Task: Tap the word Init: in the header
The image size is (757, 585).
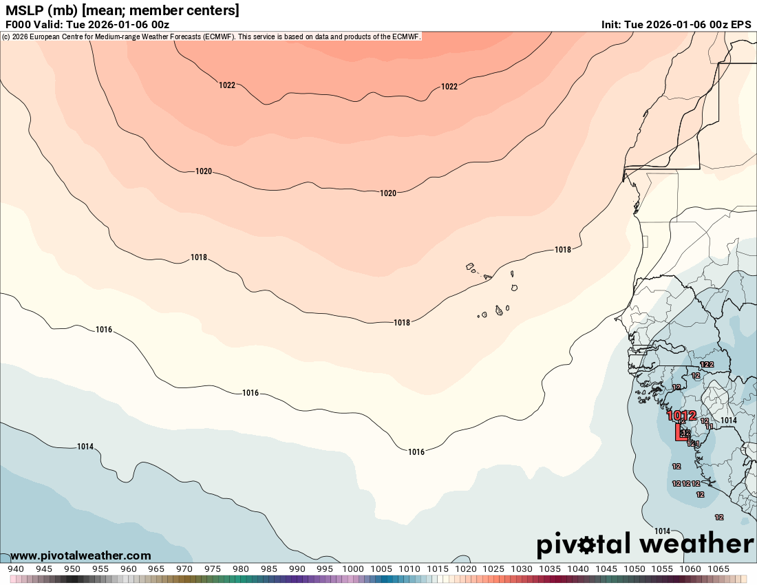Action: click(611, 24)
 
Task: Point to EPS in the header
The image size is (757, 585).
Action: click(740, 24)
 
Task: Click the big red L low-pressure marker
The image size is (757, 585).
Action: click(681, 432)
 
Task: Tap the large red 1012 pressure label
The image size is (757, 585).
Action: click(681, 416)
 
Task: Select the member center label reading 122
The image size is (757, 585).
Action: click(707, 364)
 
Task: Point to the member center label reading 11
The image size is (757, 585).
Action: click(709, 426)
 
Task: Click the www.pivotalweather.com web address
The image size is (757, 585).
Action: click(81, 555)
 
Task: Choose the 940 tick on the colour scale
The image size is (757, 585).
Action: click(16, 569)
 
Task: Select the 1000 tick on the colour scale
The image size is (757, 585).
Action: click(353, 569)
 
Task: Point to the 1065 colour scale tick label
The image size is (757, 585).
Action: click(718, 569)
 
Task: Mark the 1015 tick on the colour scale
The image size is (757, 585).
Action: click(438, 569)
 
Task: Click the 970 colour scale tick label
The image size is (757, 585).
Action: click(184, 569)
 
